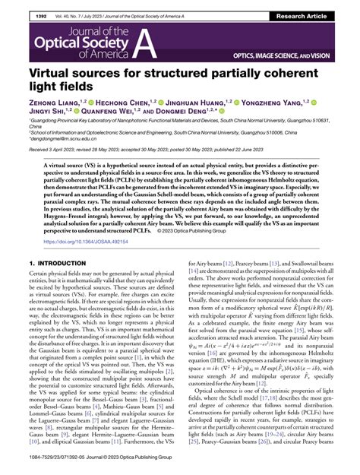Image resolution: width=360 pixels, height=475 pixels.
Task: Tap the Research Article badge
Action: click(321, 7)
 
